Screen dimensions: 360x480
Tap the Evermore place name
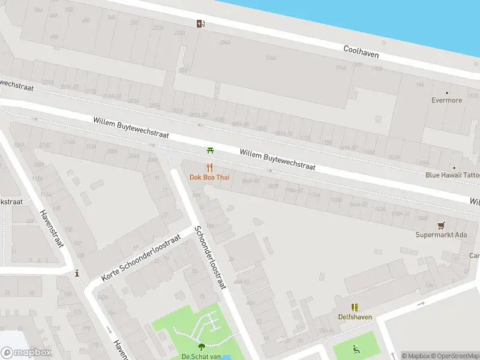click(x=447, y=100)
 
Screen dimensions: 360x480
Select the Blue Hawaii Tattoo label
click(x=452, y=175)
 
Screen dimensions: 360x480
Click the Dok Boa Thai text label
click(x=209, y=177)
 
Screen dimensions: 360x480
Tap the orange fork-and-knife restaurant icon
click(x=209, y=167)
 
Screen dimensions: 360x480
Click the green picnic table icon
click(x=210, y=150)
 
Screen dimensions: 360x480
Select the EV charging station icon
click(x=200, y=24)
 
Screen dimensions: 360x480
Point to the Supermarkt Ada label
click(x=441, y=235)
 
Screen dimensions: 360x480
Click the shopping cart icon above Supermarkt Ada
click(x=442, y=226)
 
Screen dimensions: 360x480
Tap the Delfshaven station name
click(x=355, y=317)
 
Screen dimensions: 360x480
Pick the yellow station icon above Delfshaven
click(x=355, y=307)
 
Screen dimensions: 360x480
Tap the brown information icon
click(x=77, y=274)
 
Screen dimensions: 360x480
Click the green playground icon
click(x=355, y=349)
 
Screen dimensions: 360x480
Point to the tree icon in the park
click(x=201, y=346)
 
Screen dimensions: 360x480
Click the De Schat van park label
click(x=202, y=356)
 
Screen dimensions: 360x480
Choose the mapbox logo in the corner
click(x=26, y=353)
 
